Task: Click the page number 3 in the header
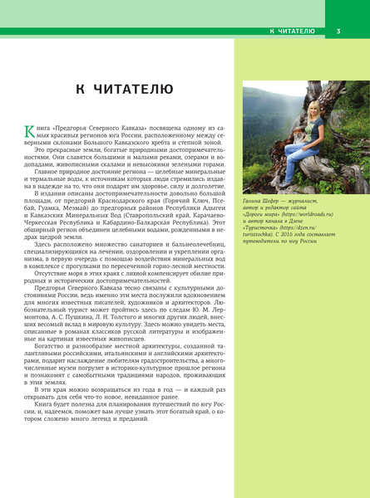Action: coord(338,32)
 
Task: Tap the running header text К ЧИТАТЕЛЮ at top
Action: coord(292,32)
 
